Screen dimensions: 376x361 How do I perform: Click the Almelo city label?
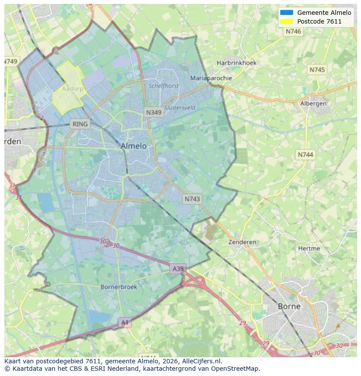click(x=133, y=146)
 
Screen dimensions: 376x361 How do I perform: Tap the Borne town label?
click(x=289, y=306)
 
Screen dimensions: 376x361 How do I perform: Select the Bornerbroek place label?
click(x=119, y=287)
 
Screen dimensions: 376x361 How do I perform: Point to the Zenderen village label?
click(x=242, y=242)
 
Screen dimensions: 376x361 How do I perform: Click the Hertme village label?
click(x=309, y=248)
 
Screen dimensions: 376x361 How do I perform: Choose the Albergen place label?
click(x=313, y=103)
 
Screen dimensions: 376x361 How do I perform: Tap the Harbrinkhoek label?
click(x=236, y=63)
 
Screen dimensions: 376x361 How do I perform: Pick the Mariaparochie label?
click(x=211, y=78)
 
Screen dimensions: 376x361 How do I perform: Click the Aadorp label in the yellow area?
click(x=72, y=89)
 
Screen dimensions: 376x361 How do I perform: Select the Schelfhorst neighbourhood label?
click(x=163, y=86)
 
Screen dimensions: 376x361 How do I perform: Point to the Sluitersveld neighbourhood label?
click(x=180, y=107)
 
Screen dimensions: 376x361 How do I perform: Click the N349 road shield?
click(x=153, y=112)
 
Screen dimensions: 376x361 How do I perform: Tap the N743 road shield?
click(x=192, y=199)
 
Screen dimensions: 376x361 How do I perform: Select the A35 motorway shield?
click(x=178, y=269)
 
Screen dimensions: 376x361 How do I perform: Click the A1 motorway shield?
click(x=125, y=322)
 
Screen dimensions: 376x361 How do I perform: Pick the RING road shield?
click(x=80, y=124)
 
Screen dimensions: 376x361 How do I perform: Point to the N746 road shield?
click(x=293, y=31)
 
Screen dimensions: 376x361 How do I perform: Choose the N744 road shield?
click(x=305, y=155)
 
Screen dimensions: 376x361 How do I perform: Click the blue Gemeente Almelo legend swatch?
click(x=286, y=13)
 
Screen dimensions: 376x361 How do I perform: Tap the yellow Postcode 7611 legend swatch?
click(x=286, y=21)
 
